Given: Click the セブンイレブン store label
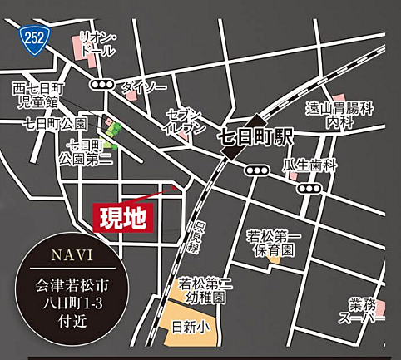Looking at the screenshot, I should pyautogui.click(x=186, y=121).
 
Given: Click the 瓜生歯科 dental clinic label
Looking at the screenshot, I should pyautogui.click(x=310, y=165).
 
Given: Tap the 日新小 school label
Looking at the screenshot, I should pyautogui.click(x=191, y=328).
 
